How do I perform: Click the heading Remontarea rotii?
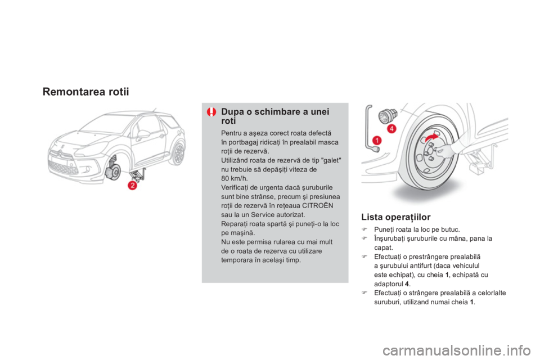tap(85, 92)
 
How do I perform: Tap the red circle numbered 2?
tap(132, 185)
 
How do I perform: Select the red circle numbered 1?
tap(377, 140)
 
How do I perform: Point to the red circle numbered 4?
tap(391, 129)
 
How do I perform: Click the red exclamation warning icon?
tap(211, 112)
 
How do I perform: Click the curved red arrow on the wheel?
tap(431, 138)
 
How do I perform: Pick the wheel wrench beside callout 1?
tap(371, 128)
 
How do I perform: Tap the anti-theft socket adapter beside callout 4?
tap(388, 116)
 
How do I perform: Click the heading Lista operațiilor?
tap(395, 217)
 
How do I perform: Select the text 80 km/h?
tap(234, 178)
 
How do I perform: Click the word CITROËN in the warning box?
tap(317, 206)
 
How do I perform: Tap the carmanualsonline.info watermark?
tap(457, 351)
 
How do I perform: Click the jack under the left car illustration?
tap(139, 174)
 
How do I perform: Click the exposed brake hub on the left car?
tap(113, 171)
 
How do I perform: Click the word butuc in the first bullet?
tap(451, 229)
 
